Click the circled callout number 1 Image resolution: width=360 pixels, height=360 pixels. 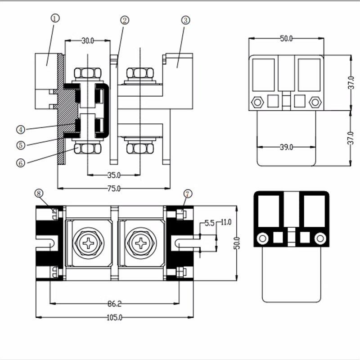pyautogui.click(x=54, y=18)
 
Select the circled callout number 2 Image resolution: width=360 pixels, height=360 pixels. pyautogui.click(x=125, y=20)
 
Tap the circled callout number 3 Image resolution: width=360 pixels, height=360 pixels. pyautogui.click(x=185, y=20)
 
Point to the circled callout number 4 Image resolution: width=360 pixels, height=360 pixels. pyautogui.click(x=21, y=130)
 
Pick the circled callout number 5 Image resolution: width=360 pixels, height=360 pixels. pyautogui.click(x=21, y=145)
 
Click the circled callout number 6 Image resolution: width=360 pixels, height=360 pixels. pyautogui.click(x=21, y=163)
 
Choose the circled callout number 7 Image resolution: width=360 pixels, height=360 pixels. pyautogui.click(x=188, y=194)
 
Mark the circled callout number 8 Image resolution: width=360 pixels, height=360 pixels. pyautogui.click(x=39, y=193)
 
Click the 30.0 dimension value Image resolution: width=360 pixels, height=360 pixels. pyautogui.click(x=88, y=41)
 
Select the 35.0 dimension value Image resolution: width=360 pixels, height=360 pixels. pyautogui.click(x=114, y=175)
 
